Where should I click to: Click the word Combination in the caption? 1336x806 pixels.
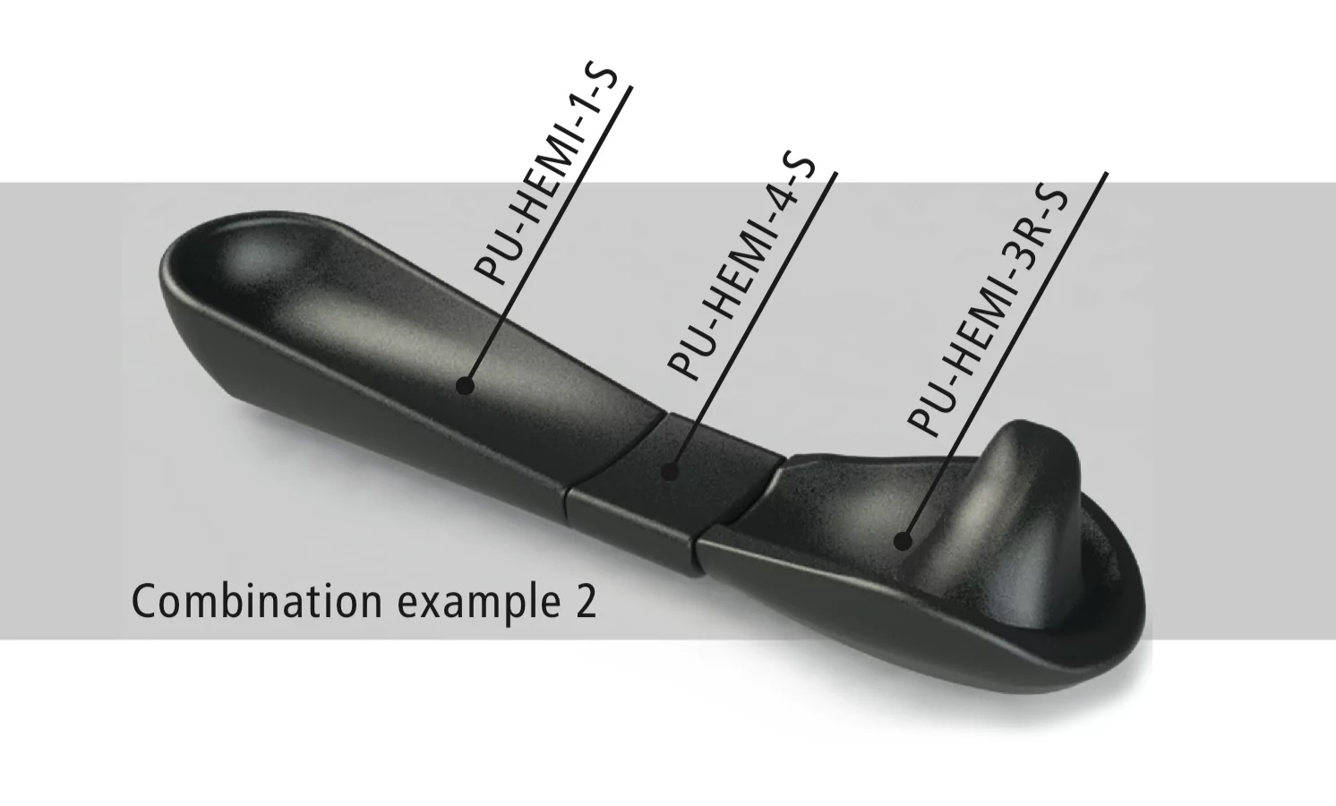pos(257,602)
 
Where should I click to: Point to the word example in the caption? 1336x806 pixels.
pos(474,604)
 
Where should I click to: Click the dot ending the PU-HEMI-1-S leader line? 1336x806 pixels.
pos(466,386)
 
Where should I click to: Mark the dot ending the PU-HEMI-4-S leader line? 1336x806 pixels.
pos(671,471)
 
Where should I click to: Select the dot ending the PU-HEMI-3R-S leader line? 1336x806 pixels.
pos(903,541)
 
